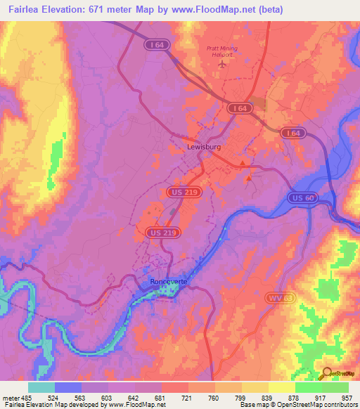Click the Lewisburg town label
pyautogui.click(x=205, y=148)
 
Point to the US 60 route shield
pyautogui.click(x=303, y=198)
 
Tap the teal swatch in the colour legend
pyautogui.click(x=41, y=387)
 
